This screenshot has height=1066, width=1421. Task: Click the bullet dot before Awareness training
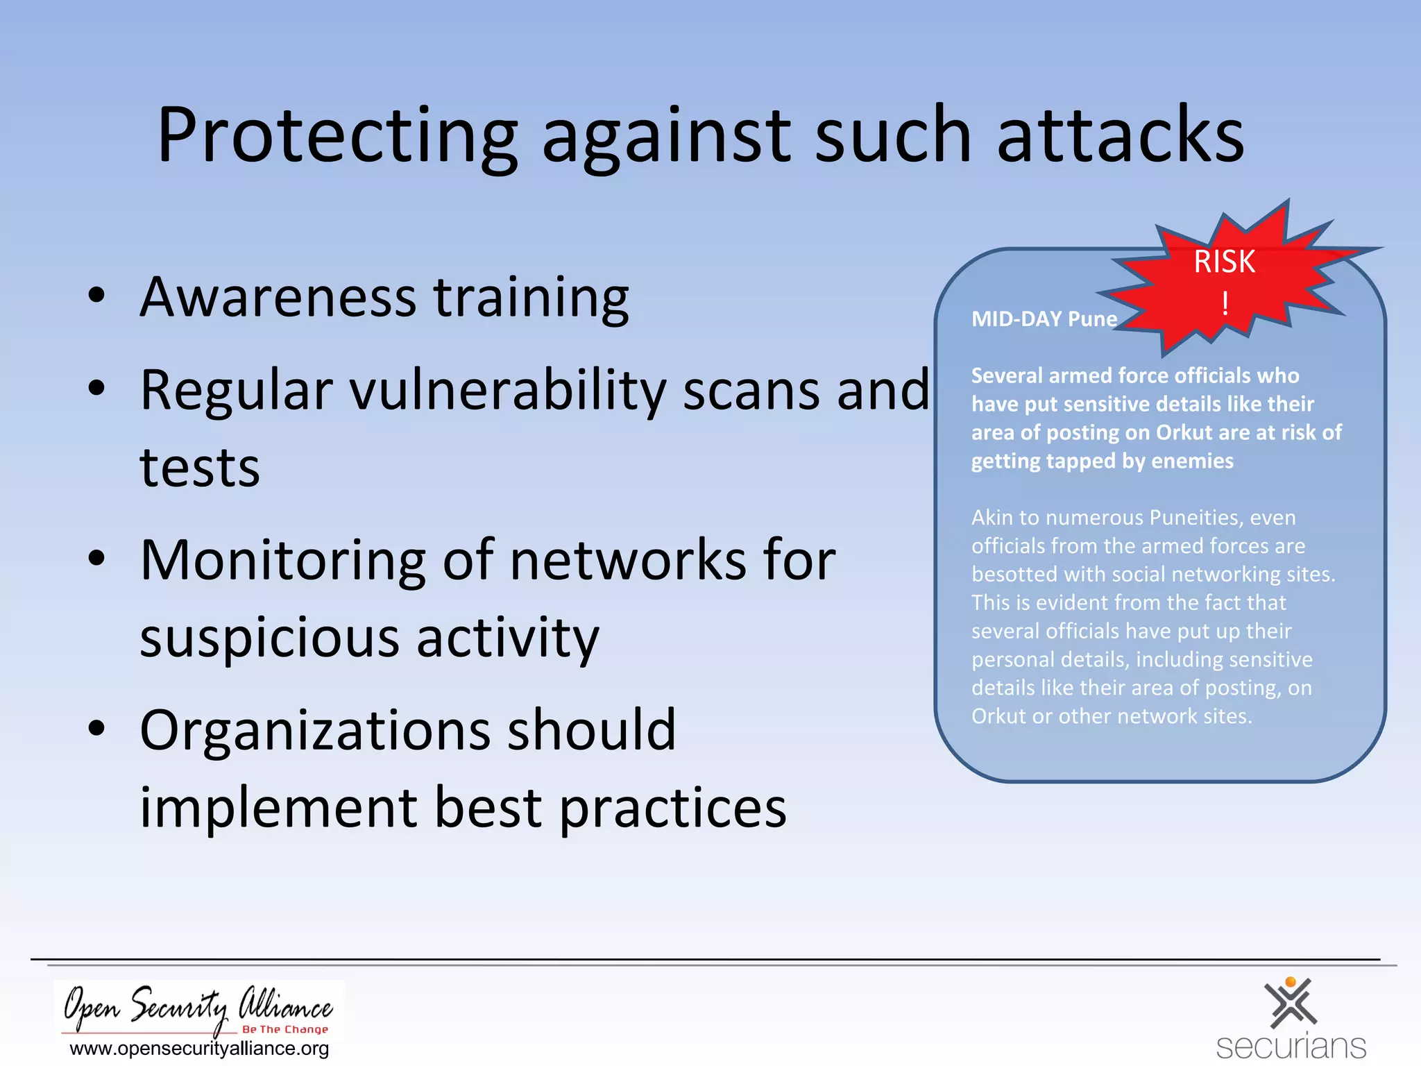96,296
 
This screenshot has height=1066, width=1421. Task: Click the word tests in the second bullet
200,468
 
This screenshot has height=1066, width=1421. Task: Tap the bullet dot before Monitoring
96,559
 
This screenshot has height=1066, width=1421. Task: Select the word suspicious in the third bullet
269,638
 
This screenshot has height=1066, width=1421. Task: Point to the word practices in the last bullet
672,808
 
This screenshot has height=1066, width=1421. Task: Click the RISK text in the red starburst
1224,262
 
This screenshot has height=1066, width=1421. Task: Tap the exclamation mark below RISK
1225,303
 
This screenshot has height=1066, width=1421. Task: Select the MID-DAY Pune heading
1044,319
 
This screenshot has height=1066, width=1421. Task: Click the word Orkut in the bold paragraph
1184,432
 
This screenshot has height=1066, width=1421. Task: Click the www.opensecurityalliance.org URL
200,1049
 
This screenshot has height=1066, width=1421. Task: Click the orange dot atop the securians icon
1291,982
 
